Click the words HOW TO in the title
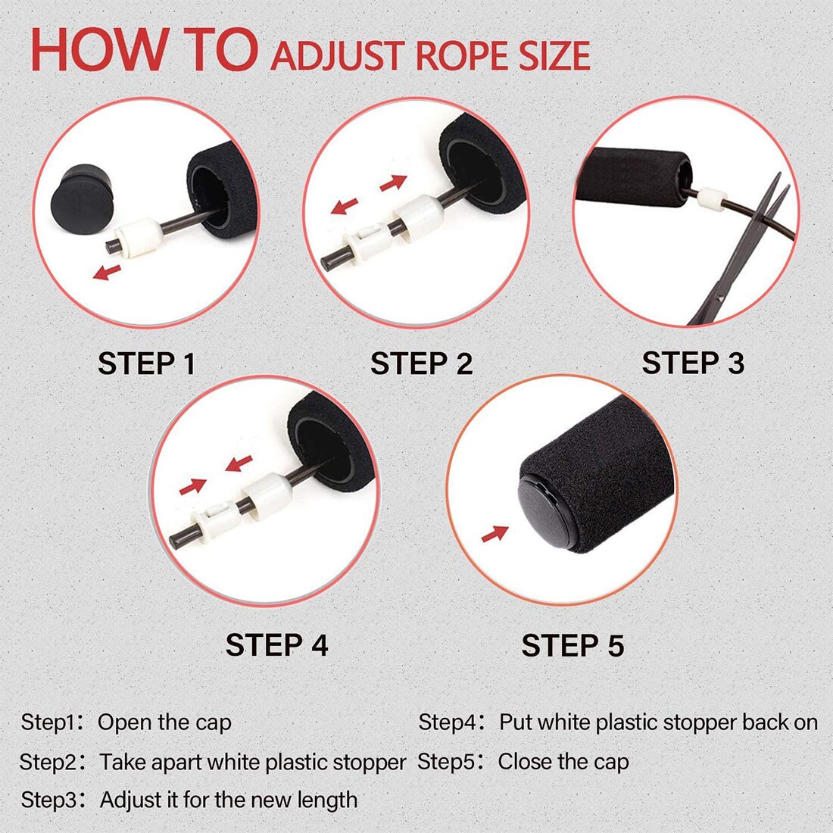144,51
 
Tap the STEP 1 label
147,364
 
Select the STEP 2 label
421,364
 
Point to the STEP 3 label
693,363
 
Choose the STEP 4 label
276,645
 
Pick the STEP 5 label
572,646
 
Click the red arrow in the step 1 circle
107,272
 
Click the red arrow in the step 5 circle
494,534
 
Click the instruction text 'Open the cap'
164,722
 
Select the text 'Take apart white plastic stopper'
253,762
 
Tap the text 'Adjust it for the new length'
229,800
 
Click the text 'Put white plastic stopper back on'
658,722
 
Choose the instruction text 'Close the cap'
563,762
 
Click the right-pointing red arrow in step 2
394,183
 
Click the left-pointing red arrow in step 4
240,462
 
